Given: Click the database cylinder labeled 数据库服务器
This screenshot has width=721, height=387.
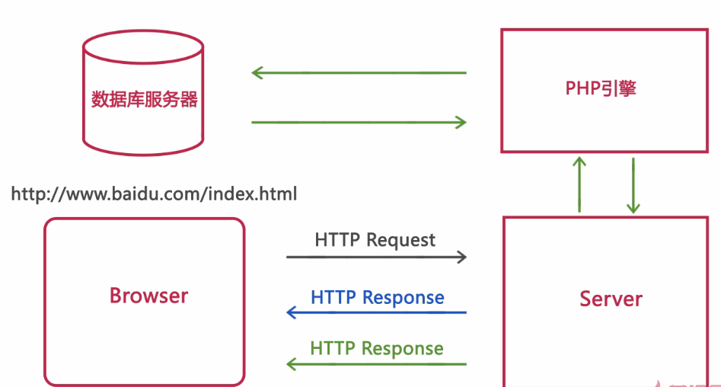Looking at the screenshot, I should (x=143, y=99).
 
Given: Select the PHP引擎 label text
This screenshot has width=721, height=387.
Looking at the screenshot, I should (x=601, y=88).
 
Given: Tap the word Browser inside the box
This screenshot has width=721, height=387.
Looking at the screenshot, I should (x=148, y=296).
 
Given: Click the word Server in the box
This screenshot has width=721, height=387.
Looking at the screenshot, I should (x=611, y=299).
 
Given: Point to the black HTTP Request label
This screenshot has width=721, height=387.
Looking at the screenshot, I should (x=375, y=240).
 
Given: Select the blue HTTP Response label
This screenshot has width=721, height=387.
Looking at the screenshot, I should (x=377, y=297).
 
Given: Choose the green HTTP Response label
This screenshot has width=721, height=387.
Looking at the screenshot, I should (x=376, y=349).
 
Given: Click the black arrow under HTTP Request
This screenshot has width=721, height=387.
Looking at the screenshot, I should (x=376, y=257).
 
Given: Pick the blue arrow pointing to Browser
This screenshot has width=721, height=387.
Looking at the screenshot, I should (x=376, y=312).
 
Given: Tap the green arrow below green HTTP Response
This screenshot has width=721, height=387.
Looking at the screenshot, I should (x=376, y=364).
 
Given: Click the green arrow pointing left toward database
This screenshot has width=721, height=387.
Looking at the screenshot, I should (x=359, y=73).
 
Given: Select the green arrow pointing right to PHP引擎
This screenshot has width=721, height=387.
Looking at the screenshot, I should (x=359, y=122).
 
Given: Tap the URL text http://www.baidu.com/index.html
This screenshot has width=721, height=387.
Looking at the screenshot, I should (x=154, y=193).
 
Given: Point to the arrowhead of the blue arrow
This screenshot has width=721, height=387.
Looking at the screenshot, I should (x=292, y=312).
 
